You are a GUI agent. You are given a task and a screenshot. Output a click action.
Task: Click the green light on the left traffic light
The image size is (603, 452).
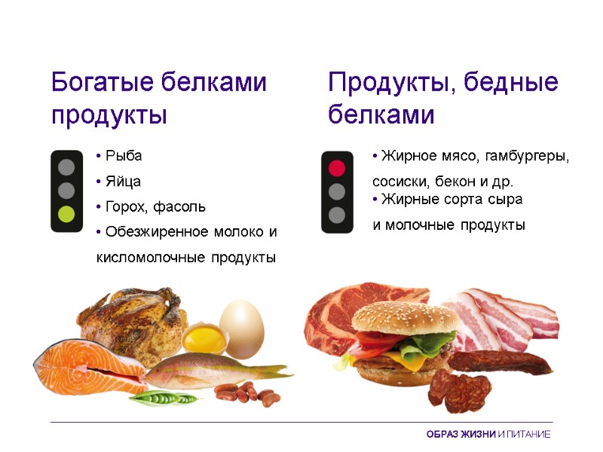click(67, 215)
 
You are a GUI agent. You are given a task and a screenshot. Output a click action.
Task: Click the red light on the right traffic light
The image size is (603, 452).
click(337, 167)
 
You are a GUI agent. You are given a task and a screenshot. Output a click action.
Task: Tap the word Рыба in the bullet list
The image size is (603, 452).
click(124, 156)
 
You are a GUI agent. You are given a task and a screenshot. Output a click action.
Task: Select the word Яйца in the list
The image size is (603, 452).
click(123, 182)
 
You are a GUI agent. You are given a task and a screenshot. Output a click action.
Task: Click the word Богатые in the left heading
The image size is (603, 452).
click(104, 82)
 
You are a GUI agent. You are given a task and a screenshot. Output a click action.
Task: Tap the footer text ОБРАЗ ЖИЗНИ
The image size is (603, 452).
click(461, 435)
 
